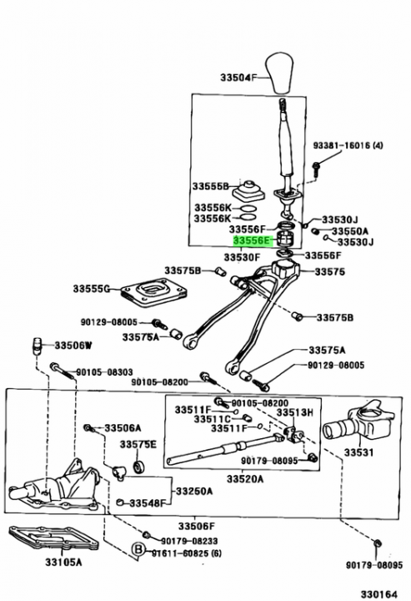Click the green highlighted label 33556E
253,240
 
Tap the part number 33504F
237,78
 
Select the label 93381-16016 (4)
348,145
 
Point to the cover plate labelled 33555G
153,293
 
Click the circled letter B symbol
138,550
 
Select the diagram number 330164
378,593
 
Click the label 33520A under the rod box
245,479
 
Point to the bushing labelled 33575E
138,467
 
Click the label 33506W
73,346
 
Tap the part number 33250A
193,491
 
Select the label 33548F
147,503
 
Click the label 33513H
294,412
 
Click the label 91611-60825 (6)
186,553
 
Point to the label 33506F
197,526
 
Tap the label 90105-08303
104,371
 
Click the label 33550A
349,231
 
